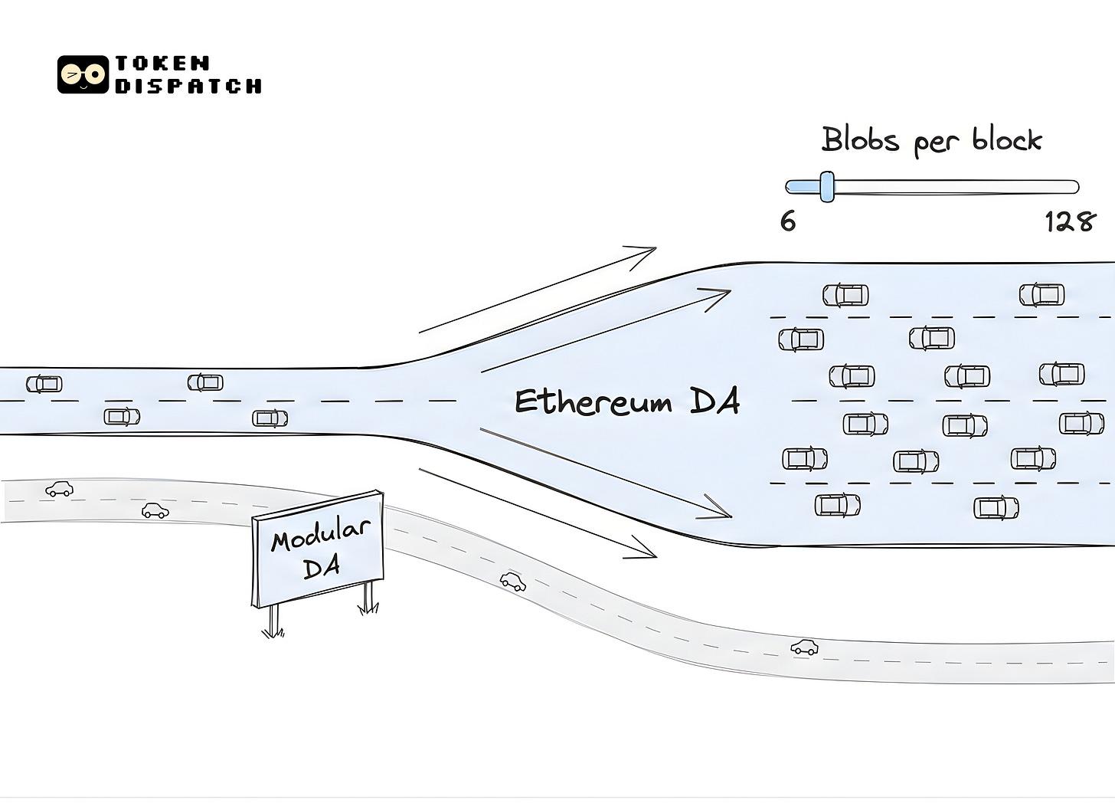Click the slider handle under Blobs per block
826,186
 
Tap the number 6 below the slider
788,221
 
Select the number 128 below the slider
1070,222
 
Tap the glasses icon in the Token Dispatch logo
83,74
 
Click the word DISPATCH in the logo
188,85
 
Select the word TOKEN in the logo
162,63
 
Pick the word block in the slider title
1007,140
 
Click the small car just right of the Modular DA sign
513,582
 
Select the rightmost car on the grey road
804,647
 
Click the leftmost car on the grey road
59,488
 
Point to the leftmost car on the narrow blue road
44,383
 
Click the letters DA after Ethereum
714,401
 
